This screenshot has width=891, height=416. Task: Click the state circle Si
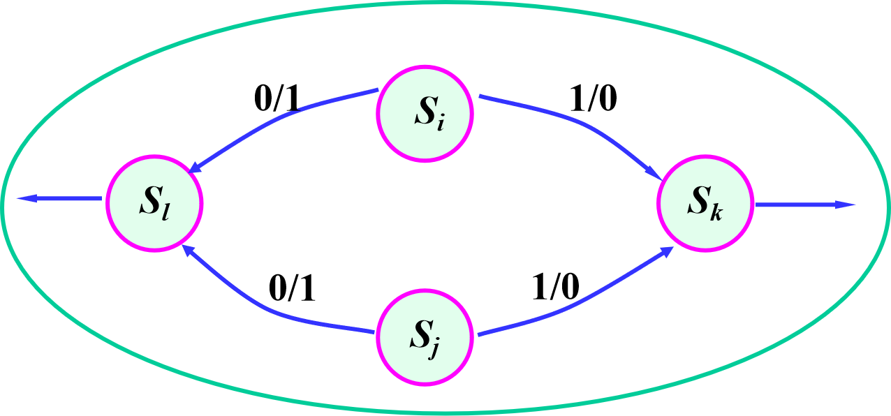tap(425, 113)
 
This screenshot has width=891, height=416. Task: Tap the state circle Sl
tap(154, 203)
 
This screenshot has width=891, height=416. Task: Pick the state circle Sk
tap(705, 204)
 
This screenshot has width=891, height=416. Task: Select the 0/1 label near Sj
tap(292, 288)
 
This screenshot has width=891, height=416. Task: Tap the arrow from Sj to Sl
tap(265, 308)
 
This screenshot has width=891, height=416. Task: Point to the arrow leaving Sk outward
tap(803, 205)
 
